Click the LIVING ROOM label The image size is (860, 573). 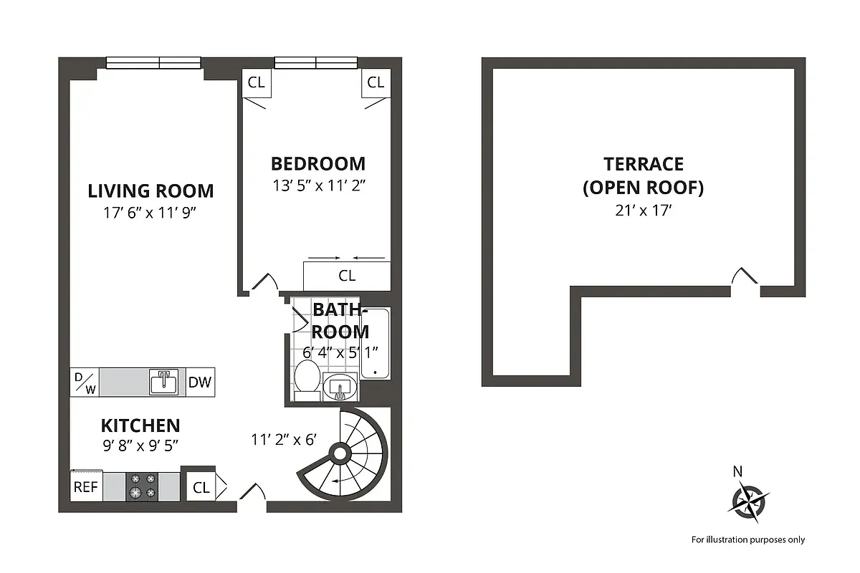coord(150,191)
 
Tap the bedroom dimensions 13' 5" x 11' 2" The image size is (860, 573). coord(319,185)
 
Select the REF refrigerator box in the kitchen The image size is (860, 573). coord(86,486)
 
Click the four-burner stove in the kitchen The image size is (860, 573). coord(143,486)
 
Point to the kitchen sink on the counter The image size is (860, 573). coord(164,382)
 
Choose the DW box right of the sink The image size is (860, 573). coord(200,382)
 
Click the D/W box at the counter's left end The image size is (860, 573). coord(85,382)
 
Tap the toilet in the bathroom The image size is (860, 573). coord(308,380)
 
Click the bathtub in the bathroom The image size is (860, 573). coord(375,344)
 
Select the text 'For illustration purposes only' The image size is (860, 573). coord(747,540)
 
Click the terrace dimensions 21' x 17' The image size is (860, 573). coord(643,211)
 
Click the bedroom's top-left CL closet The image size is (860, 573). coord(256,82)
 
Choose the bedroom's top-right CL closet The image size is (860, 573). coord(376,82)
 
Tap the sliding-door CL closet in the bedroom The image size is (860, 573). coord(347,276)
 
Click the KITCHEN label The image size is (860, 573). coord(140,425)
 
